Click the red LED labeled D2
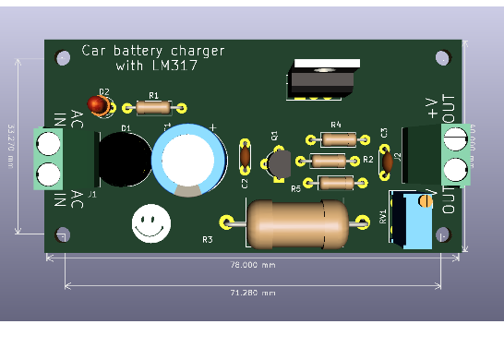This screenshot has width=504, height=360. pos(97,104)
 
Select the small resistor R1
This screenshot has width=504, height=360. pos(153,108)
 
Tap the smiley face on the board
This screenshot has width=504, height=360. pos(150,222)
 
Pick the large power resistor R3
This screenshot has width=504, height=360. pos(297,223)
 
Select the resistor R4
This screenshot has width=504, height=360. pos(338,139)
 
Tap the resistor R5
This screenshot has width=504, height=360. pos(334,183)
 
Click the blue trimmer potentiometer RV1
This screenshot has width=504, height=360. pos(414,220)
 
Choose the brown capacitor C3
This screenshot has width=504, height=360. pos(387,162)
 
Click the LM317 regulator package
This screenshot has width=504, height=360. pos(322,78)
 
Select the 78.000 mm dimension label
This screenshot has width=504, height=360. pos(252,265)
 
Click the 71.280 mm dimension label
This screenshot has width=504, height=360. pos(252,293)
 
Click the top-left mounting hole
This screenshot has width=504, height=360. pos(63,57)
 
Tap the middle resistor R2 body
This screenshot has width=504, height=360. pos(330,161)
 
